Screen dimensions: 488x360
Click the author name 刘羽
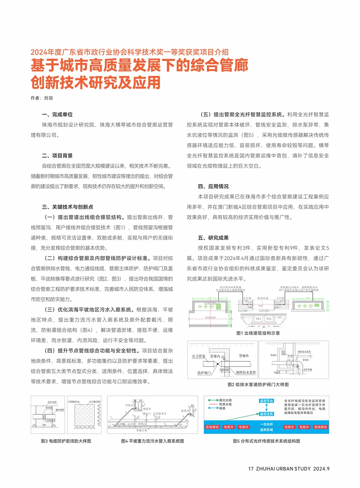click(48, 98)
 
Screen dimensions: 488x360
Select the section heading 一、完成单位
click(57, 114)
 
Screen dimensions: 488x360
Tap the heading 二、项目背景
click(57, 156)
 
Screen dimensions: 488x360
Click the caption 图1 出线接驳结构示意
click(258, 333)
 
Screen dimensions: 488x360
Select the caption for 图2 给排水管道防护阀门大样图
click(258, 384)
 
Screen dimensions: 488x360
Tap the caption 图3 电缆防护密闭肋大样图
click(66, 441)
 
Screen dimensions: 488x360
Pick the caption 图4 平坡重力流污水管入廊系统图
click(152, 441)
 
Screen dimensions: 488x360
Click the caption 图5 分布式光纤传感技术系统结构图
click(266, 441)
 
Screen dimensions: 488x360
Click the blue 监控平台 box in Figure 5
click(267, 401)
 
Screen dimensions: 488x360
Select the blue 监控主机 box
click(267, 414)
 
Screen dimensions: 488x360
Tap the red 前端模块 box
click(212, 427)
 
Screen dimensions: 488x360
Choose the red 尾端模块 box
click(321, 427)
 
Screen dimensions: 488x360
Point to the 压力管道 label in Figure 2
click(199, 356)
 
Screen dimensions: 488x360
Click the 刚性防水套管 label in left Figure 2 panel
click(246, 373)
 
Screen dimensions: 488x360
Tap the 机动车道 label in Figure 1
click(263, 298)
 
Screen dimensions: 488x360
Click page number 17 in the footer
click(251, 469)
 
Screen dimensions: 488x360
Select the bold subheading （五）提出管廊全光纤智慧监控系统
click(242, 114)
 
